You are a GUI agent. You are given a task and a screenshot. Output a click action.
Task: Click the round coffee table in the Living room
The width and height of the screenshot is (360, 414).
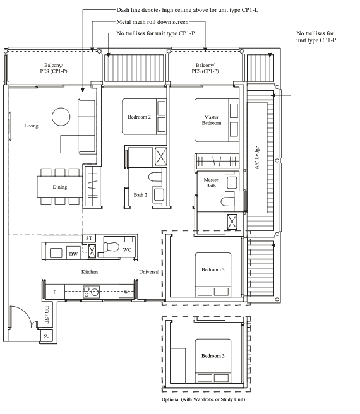pos(61,117)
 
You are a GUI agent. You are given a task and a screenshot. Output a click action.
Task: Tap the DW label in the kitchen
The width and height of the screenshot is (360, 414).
pos(73,254)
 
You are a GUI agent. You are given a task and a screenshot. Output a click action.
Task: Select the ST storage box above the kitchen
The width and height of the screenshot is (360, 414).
pos(89,238)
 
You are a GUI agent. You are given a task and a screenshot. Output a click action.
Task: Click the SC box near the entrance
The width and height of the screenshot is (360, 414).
pos(46,336)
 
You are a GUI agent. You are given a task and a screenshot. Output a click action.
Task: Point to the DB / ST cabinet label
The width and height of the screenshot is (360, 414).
pos(47,315)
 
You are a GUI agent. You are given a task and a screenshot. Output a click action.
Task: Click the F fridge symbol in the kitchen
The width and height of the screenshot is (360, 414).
pos(55,292)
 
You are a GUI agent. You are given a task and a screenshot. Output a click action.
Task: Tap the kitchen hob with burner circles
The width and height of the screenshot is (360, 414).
pos(91,292)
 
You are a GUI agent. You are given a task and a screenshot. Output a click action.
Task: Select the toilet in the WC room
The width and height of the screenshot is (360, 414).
pos(111,247)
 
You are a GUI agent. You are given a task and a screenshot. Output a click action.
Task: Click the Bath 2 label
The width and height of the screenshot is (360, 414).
pos(140,195)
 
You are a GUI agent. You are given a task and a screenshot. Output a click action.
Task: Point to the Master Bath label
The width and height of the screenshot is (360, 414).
pos(211,183)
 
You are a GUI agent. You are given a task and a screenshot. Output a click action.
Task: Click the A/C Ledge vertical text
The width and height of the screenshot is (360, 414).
pos(257,158)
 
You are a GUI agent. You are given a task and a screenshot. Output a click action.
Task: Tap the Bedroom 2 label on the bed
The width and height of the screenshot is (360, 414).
pos(140,117)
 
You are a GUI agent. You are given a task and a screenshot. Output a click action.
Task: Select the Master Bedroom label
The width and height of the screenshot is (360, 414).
pos(212,120)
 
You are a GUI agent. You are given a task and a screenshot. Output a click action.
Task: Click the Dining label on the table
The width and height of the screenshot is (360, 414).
pos(60,187)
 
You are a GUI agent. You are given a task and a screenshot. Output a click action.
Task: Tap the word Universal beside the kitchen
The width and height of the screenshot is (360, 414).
pos(149,272)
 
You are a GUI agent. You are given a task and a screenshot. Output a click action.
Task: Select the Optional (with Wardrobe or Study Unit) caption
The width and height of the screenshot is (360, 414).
pos(203,399)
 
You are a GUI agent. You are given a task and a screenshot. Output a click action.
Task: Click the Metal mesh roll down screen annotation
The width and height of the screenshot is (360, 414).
pos(152,22)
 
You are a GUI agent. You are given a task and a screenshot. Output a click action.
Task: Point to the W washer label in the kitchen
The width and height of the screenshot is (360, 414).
pos(126,292)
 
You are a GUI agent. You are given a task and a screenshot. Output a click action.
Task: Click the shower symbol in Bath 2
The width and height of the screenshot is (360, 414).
pos(160,156)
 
